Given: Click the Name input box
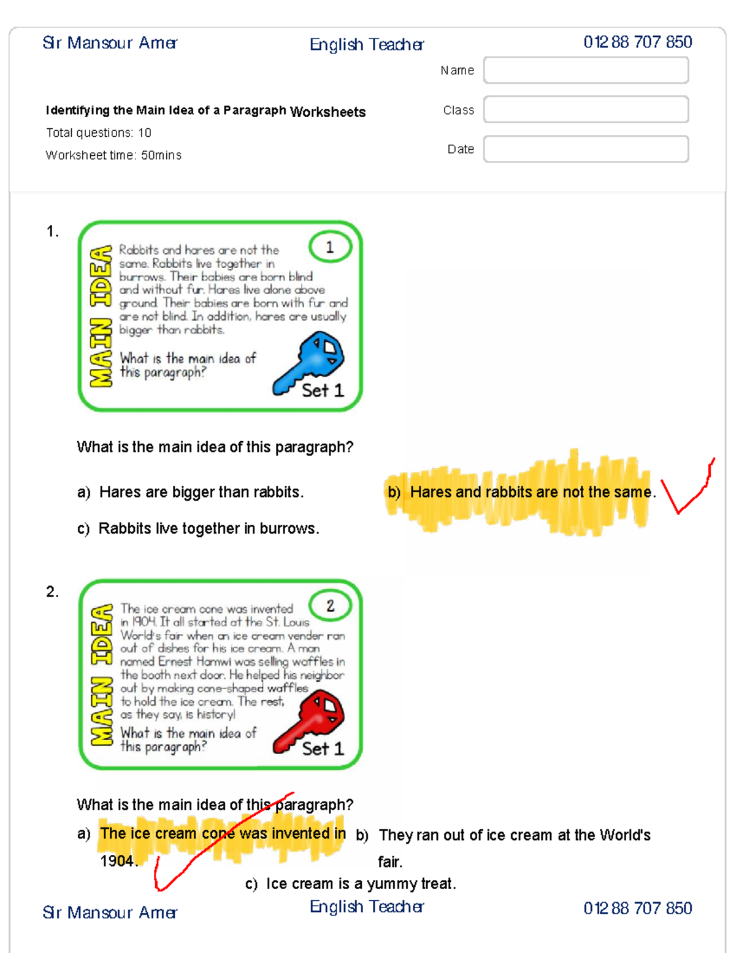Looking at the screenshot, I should [x=586, y=70].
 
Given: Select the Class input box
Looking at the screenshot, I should [x=586, y=109].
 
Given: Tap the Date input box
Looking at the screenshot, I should [x=586, y=149].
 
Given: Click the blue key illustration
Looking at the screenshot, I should [x=309, y=362].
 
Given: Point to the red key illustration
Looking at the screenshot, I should [x=310, y=721].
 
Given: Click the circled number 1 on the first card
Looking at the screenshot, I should [x=330, y=247].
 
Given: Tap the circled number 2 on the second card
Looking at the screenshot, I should [x=330, y=606].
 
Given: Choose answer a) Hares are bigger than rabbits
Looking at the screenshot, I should [x=190, y=492].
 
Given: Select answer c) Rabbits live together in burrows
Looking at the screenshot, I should [x=197, y=528].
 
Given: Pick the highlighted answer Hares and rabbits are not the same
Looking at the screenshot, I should [x=521, y=492].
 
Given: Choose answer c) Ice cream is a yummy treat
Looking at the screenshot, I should [x=351, y=884].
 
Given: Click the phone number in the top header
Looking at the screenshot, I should [x=638, y=42].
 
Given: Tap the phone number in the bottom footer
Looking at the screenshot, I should [x=638, y=908].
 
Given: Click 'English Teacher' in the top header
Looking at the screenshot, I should [x=367, y=45].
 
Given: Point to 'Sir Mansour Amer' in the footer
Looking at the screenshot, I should [x=110, y=912].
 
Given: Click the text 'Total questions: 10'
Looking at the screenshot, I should [x=99, y=133].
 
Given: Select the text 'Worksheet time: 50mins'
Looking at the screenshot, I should [x=113, y=155].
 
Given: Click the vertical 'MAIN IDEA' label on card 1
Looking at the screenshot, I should [x=101, y=316].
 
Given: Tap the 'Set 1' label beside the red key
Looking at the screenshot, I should [x=323, y=749].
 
